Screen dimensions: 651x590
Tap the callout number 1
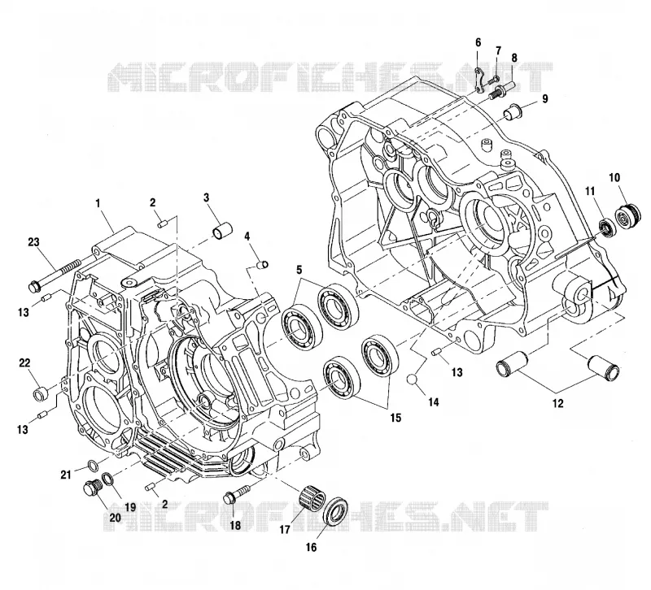coord(98,203)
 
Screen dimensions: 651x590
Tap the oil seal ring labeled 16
coord(336,510)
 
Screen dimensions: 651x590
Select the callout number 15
coord(395,418)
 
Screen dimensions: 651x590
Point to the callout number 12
coord(558,402)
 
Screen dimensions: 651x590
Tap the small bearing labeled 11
coord(608,228)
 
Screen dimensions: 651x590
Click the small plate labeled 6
coord(478,78)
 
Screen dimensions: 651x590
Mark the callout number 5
coord(299,271)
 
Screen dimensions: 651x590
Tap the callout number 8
coord(514,58)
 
